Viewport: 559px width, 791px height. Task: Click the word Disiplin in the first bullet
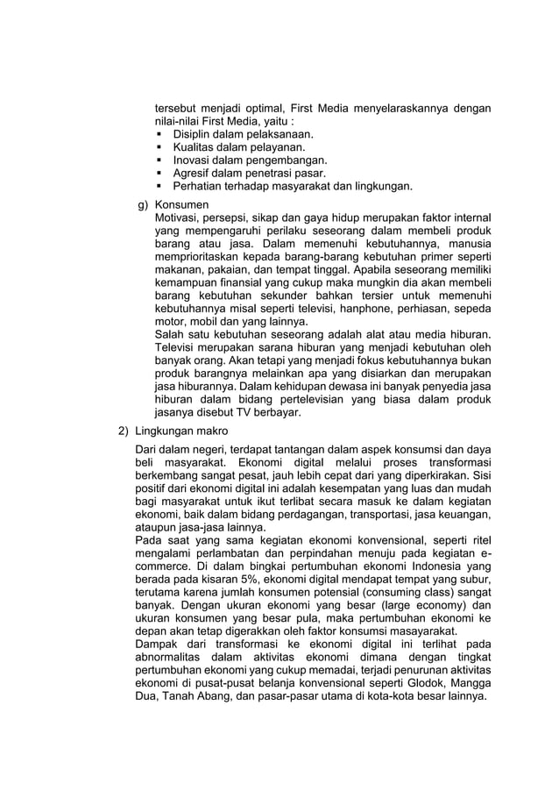pos(194,134)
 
